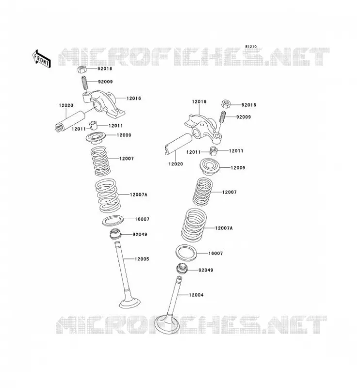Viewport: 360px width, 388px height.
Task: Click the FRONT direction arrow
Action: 41,59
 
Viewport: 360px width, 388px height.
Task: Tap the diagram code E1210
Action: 251,47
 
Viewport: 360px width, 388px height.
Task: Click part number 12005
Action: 142,259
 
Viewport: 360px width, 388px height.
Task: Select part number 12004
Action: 196,295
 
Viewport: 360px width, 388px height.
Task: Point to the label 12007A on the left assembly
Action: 139,195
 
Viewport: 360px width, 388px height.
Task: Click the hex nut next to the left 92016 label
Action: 82,69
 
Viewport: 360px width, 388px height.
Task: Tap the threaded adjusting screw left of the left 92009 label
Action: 84,83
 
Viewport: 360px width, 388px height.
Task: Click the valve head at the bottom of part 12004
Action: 167,323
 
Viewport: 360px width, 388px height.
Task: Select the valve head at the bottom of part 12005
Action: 130,303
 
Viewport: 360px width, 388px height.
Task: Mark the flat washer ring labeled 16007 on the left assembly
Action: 112,221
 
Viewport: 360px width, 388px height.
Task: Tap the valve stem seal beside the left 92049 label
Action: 115,234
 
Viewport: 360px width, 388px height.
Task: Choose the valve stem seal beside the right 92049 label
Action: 182,269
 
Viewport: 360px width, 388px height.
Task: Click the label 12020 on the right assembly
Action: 176,164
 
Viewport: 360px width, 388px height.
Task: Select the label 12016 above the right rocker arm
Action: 199,101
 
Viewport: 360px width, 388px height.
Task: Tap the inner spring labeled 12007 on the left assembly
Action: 100,161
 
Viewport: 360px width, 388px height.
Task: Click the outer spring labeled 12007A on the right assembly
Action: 194,225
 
